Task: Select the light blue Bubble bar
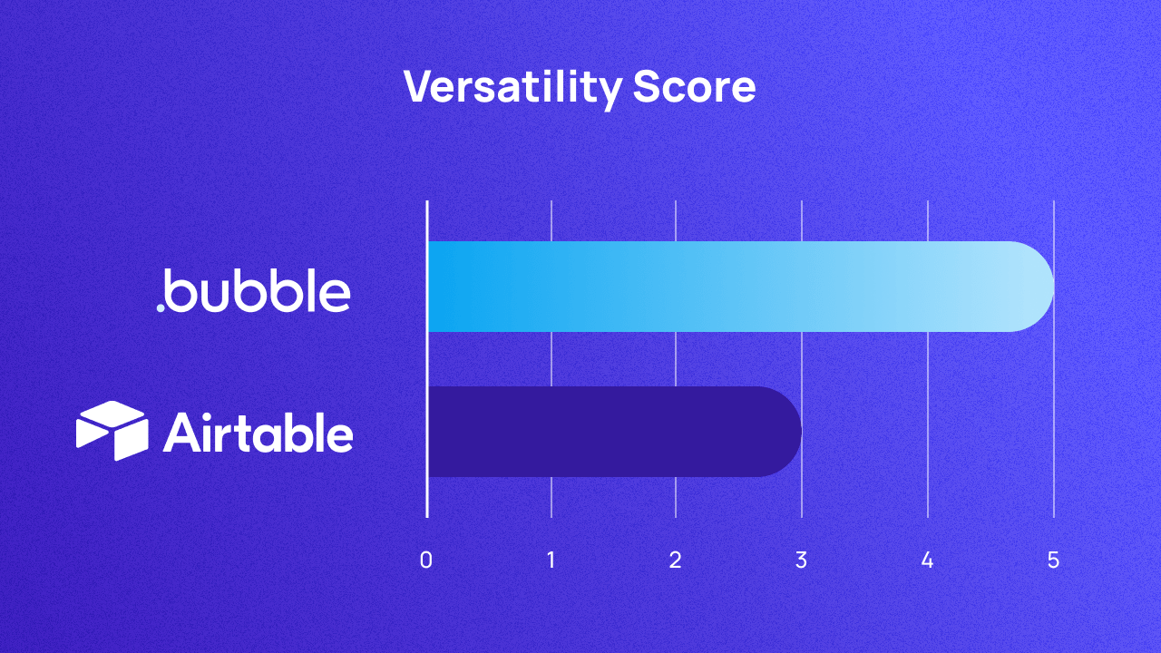[x=726, y=287]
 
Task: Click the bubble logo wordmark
[x=259, y=291]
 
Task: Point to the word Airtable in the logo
[x=259, y=434]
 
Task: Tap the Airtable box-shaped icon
[x=112, y=431]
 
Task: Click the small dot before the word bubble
[x=161, y=307]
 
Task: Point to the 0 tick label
[x=425, y=560]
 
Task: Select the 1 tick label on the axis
[x=551, y=560]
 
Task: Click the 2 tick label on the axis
[x=675, y=560]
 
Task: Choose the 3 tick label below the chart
[x=801, y=560]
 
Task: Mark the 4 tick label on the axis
[x=927, y=560]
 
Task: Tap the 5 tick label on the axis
[x=1053, y=560]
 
